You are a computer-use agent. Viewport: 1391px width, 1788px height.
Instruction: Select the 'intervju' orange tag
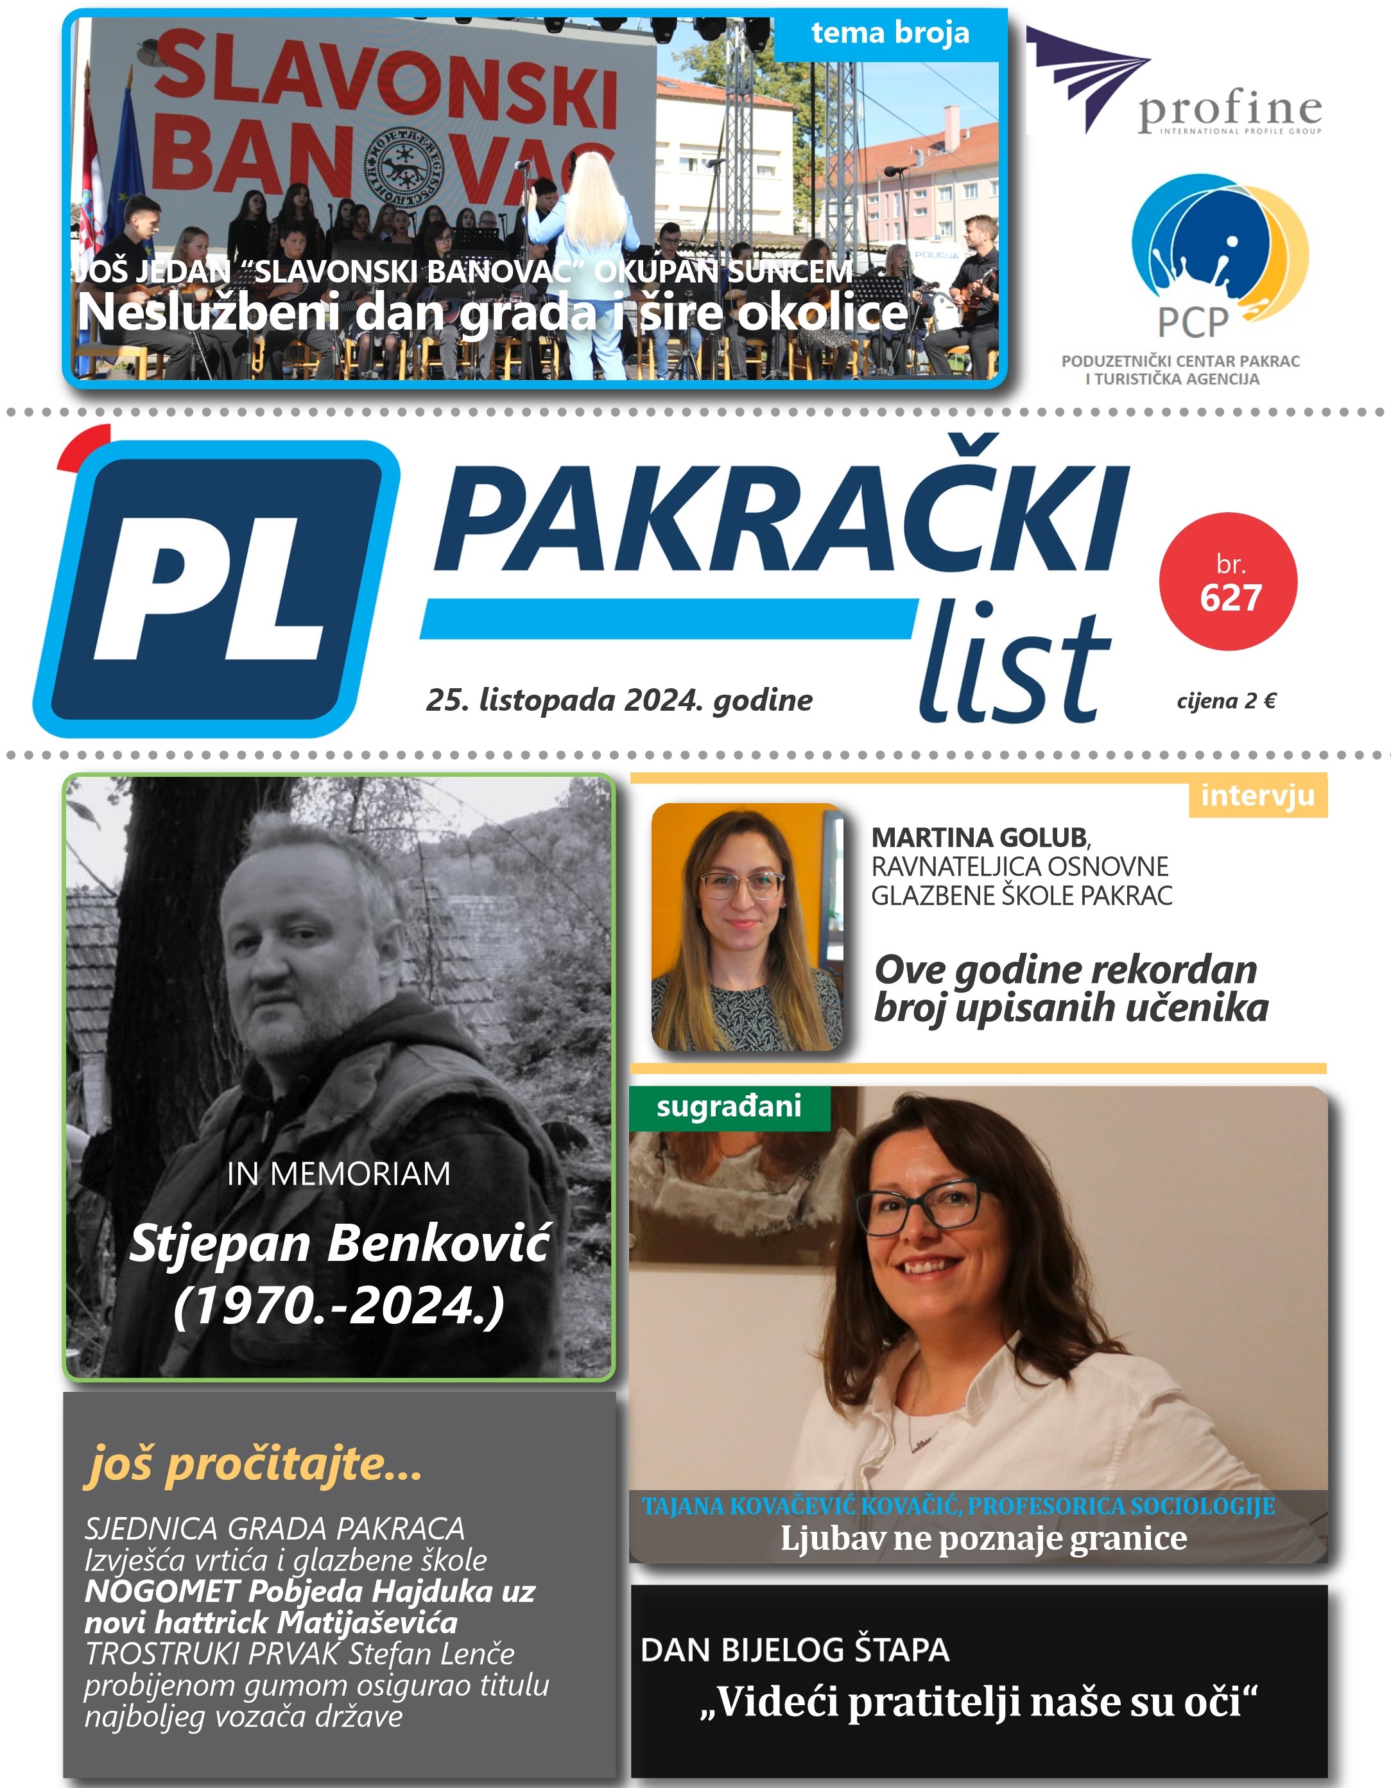tap(1257, 795)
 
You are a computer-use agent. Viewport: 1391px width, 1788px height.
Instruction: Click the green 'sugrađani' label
tap(729, 1107)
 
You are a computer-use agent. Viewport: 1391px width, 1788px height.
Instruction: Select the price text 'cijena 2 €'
tap(1225, 702)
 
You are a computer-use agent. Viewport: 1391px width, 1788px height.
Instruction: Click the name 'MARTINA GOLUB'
tap(979, 838)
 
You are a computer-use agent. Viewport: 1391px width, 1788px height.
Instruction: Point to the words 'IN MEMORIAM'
tap(338, 1174)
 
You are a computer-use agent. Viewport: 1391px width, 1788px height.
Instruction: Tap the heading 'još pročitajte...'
tap(253, 1464)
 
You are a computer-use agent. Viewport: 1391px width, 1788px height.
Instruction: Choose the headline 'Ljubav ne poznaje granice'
tap(983, 1538)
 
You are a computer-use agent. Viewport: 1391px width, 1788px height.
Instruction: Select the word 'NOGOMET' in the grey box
tap(161, 1592)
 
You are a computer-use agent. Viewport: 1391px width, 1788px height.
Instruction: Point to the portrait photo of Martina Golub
tap(746, 927)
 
